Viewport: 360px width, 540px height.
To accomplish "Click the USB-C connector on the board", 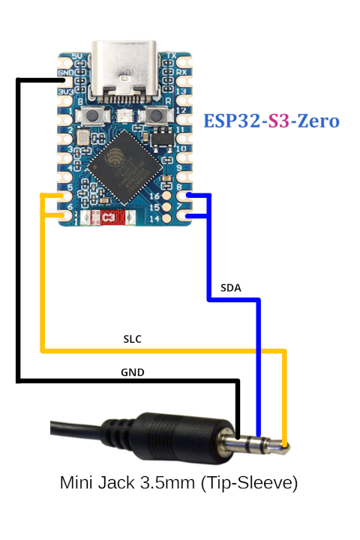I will [124, 71].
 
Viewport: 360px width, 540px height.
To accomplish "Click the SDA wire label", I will [231, 287].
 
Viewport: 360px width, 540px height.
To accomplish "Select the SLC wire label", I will [132, 339].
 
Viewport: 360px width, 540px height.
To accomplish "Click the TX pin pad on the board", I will [182, 58].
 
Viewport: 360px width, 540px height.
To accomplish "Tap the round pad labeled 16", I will [168, 196].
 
